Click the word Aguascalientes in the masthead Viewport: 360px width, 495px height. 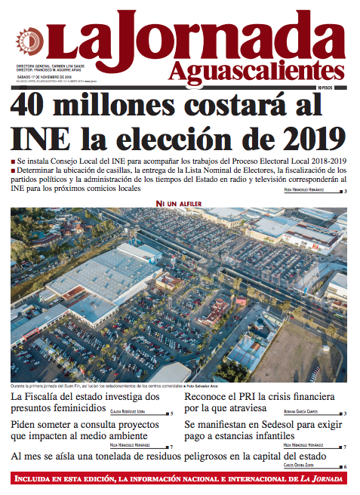pos(261,70)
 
